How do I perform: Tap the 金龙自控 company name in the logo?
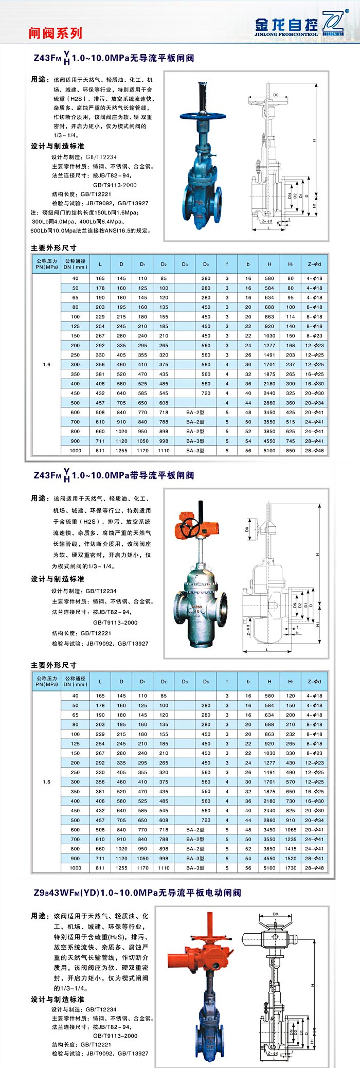point(286,24)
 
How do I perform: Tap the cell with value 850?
point(291,451)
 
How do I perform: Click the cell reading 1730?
point(291,868)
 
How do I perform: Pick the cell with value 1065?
point(291,830)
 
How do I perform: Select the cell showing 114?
point(291,317)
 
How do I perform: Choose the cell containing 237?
point(291,365)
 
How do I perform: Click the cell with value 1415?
point(291,849)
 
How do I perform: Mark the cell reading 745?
point(291,441)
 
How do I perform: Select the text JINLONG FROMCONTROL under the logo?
point(286,34)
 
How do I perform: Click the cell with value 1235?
point(291,839)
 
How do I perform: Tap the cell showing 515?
point(291,422)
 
